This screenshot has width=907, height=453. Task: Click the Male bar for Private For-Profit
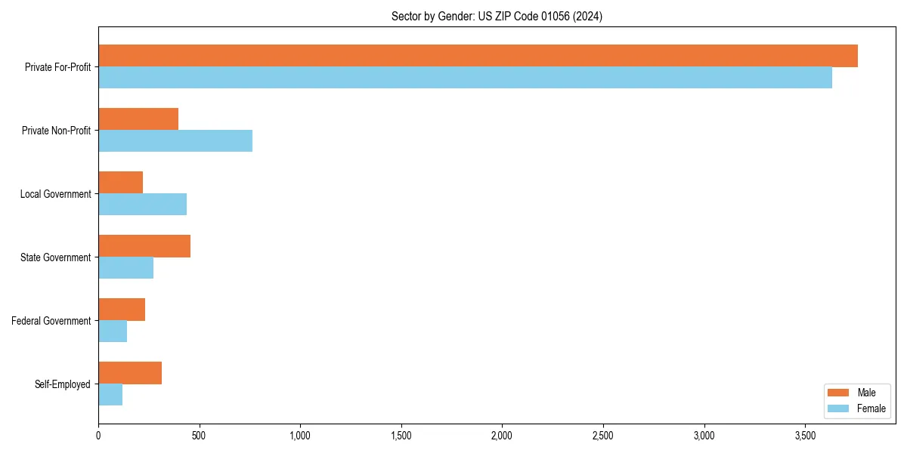478,56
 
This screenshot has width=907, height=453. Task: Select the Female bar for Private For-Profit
465,78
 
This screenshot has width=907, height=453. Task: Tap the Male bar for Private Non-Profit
138,119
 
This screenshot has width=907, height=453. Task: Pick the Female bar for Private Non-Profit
175,141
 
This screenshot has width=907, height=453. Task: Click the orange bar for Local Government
121,183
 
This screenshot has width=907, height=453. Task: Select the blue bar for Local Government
142,205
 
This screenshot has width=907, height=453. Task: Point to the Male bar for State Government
144,246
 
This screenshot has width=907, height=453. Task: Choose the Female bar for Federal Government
113,331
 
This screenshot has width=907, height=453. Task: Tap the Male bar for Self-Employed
130,373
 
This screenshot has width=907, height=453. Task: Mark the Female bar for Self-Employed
110,395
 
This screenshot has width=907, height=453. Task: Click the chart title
497,16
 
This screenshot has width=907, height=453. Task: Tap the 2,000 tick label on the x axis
502,436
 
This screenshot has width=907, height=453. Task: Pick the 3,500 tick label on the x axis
805,436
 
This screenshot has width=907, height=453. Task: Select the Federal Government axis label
51,321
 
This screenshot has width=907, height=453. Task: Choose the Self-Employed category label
63,384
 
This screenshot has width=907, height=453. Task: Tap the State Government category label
55,257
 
